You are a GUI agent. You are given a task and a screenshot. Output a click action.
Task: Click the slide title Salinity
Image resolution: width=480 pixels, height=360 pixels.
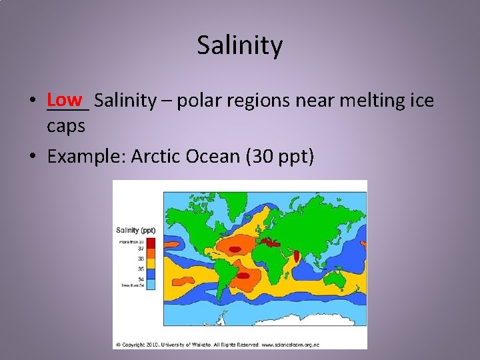point(240,46)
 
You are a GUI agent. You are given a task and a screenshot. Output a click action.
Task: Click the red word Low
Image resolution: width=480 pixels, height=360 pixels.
point(65,100)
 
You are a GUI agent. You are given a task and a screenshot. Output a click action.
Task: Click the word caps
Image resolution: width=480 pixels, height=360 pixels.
point(66,125)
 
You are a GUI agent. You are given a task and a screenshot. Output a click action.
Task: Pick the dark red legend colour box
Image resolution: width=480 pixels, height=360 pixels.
point(151,241)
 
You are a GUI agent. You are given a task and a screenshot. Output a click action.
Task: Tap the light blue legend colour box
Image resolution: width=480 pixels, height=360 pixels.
point(151,285)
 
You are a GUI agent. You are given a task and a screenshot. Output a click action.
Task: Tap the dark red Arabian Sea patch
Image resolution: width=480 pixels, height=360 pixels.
point(297,255)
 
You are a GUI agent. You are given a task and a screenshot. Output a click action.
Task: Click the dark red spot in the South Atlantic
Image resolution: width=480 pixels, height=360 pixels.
point(244,275)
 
